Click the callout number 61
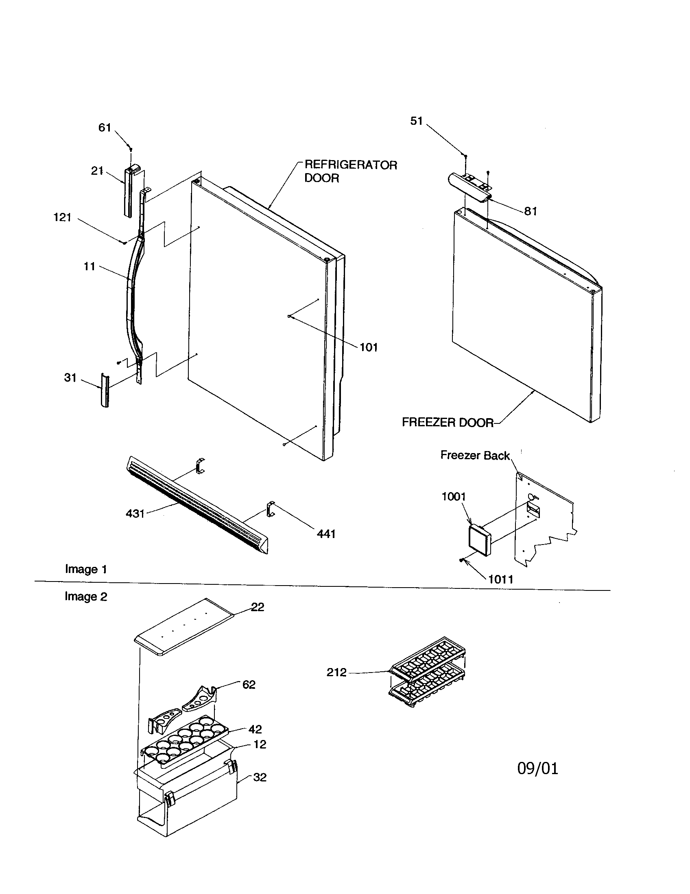coord(105,128)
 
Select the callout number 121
coord(62,217)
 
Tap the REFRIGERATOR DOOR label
coord(350,171)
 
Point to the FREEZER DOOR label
coord(448,423)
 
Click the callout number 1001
coord(454,497)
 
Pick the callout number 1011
coord(501,579)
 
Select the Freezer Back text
coord(474,455)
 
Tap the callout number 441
coord(326,534)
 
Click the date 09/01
coord(537,769)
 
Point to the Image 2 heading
coord(85,597)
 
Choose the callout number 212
coord(336,672)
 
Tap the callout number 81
coord(531,211)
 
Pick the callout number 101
coord(368,347)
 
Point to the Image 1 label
coord(86,569)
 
